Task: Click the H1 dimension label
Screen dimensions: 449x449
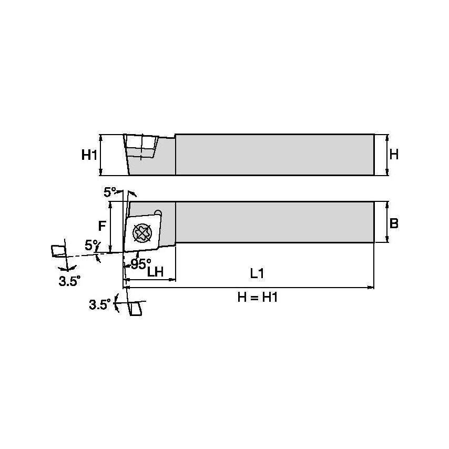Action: (x=89, y=155)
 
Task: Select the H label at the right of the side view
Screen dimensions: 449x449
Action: (x=394, y=155)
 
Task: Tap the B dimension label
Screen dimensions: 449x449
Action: (x=394, y=223)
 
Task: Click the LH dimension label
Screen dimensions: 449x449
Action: (x=155, y=272)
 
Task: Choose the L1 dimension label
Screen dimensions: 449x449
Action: (x=257, y=273)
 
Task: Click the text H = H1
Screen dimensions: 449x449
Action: (x=257, y=298)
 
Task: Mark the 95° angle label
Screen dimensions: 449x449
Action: (x=140, y=264)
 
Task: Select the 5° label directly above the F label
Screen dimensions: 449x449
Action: (x=109, y=192)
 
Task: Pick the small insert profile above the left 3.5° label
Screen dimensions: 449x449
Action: (x=58, y=251)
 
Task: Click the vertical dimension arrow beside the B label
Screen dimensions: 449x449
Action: (x=387, y=222)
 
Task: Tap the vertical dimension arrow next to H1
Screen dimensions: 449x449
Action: (x=100, y=155)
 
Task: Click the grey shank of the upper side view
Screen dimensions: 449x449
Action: (x=273, y=155)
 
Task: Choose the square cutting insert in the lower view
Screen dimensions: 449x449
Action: (x=142, y=231)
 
